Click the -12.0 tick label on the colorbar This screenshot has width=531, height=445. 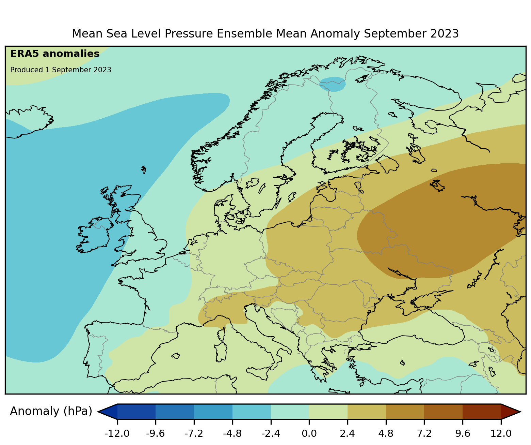117,433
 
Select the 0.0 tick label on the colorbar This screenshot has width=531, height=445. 309,433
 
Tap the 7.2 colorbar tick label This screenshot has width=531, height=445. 424,433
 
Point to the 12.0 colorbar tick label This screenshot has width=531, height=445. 501,433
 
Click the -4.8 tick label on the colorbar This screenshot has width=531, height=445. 232,433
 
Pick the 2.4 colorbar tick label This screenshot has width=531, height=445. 348,433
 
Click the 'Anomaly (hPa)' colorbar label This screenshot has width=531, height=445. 51,411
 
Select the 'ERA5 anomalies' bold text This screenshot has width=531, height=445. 55,54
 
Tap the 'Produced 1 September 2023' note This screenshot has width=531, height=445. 61,70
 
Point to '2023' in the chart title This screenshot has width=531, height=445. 444,34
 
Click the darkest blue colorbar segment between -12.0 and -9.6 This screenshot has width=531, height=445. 136,412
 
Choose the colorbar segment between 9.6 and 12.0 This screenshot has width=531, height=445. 482,412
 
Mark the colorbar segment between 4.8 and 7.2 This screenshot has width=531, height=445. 405,412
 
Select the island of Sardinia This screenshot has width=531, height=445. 221,352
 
